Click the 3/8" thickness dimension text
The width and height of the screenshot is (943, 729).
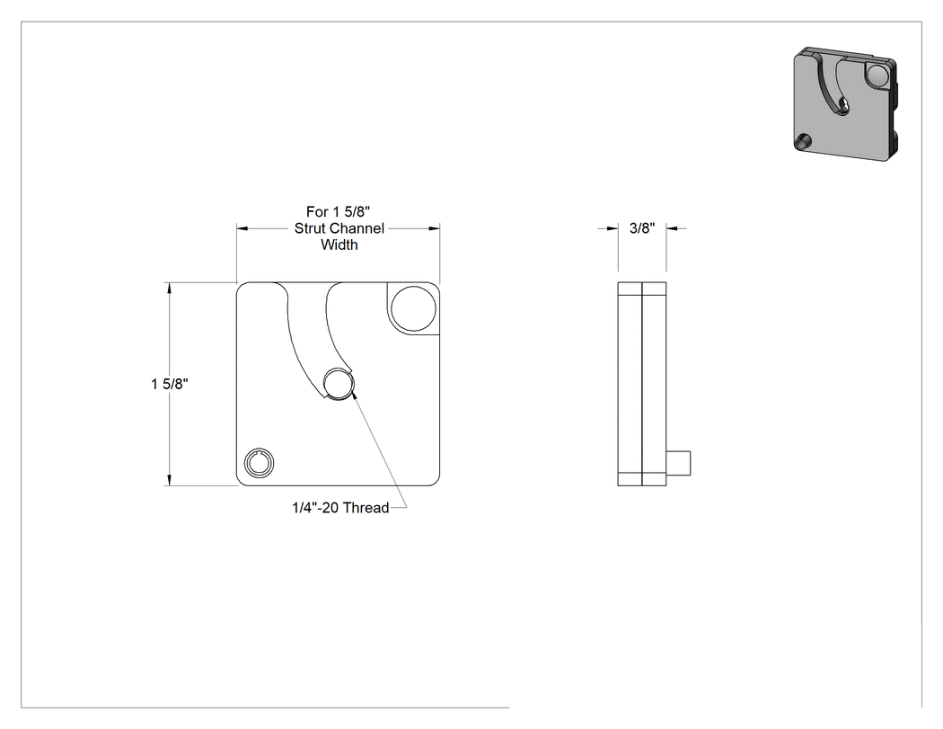pos(642,228)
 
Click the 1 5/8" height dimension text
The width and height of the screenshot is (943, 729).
pos(170,384)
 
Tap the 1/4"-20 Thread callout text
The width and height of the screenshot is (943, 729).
pos(340,508)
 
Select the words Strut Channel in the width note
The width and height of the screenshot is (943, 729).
pos(339,228)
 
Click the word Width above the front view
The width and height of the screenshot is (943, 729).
pos(339,244)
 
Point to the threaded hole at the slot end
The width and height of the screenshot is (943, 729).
pos(338,384)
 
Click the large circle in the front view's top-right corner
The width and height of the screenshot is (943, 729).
pos(412,309)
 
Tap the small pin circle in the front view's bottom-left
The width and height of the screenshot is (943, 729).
pos(260,464)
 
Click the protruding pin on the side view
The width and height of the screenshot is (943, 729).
pos(678,464)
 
